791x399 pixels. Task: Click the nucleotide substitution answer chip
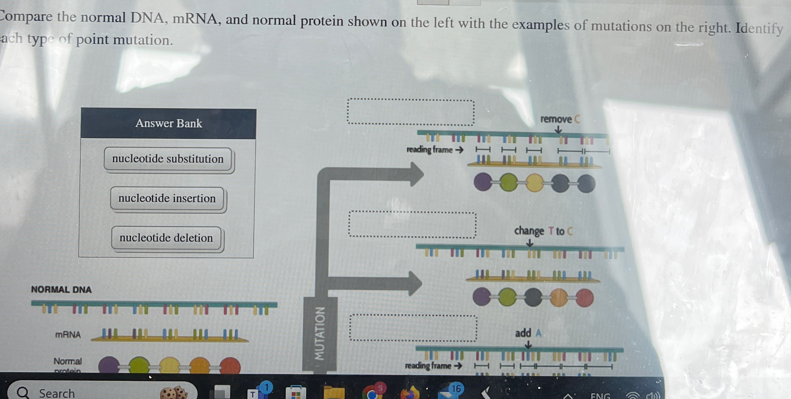[x=168, y=159]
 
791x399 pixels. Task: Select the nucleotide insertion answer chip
[x=167, y=198]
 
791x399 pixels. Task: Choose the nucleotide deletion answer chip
[x=166, y=238]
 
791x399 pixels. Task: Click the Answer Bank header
[x=168, y=123]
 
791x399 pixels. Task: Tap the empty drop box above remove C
[x=410, y=112]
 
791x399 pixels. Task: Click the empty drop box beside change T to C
[x=412, y=225]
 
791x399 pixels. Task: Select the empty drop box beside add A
[x=413, y=328]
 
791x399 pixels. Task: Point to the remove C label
[x=560, y=119]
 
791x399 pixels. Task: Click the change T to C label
[x=543, y=231]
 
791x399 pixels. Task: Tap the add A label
[x=528, y=333]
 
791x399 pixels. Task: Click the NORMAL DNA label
[x=61, y=290]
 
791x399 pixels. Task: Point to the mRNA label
[x=68, y=335]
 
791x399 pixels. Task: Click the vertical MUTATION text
[x=319, y=333]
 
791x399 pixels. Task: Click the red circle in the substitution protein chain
[x=584, y=298]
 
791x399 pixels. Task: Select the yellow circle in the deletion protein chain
[x=534, y=183]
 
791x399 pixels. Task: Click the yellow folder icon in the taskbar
[x=334, y=392]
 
